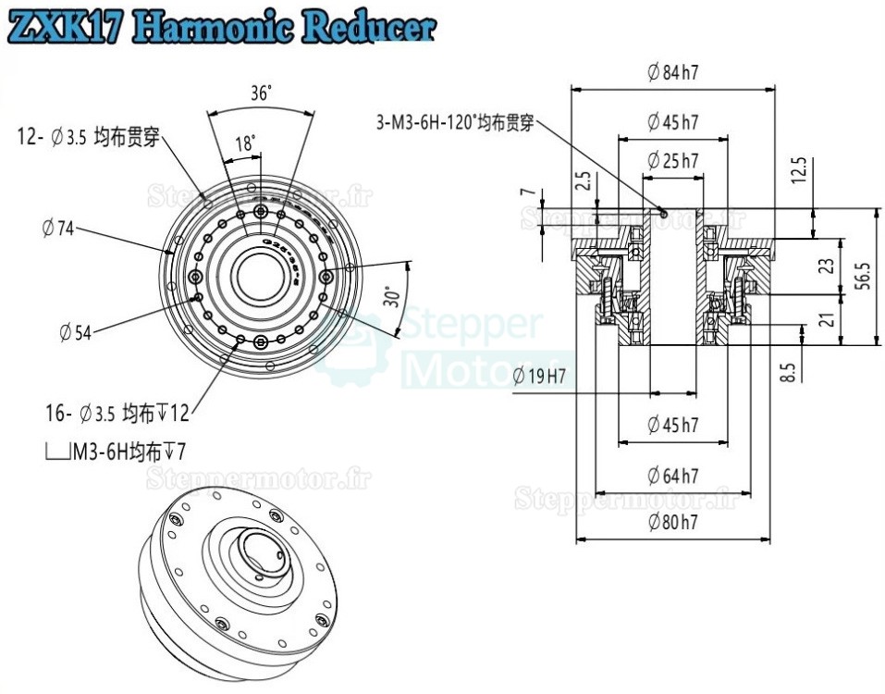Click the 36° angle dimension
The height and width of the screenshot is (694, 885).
point(260,93)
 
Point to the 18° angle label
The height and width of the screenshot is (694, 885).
point(245,144)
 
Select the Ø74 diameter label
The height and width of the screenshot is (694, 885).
point(57,229)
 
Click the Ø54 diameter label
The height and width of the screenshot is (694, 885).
point(75,331)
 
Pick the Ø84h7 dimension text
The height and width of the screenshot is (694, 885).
point(672,73)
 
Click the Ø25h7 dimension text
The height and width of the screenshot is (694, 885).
point(672,160)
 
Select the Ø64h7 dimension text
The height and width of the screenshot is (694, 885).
point(672,476)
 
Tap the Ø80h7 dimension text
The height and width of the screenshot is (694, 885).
point(672,522)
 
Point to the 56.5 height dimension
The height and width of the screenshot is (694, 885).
point(863,276)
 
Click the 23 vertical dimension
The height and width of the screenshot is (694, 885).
point(828,265)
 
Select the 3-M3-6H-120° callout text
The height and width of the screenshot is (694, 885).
point(455,121)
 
